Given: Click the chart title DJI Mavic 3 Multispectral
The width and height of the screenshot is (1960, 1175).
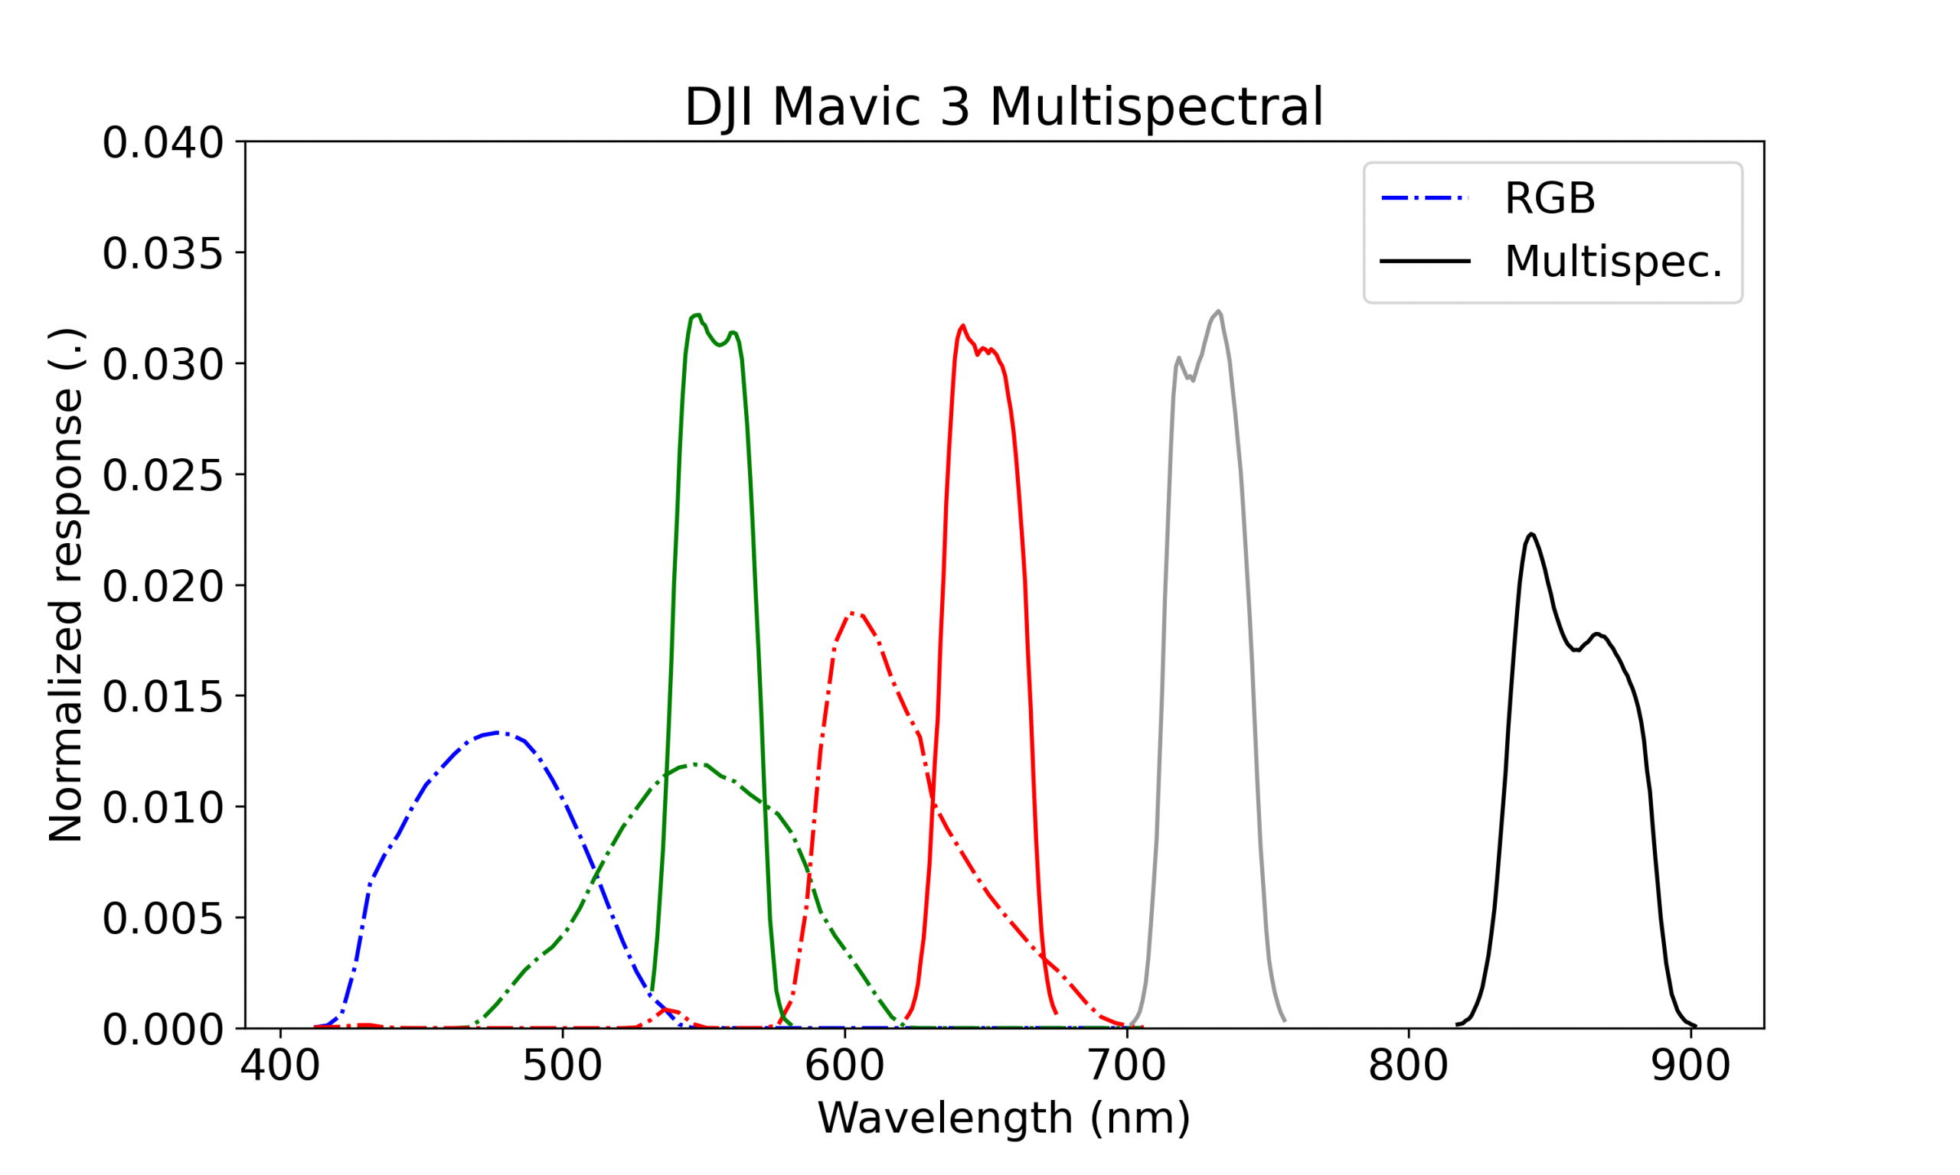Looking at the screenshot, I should tap(1004, 107).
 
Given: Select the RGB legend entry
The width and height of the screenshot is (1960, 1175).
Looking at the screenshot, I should tap(1549, 198).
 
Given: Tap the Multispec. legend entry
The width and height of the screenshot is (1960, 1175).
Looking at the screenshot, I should tap(1612, 262).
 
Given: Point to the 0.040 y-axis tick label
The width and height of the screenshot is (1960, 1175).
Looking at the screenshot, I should tap(162, 143).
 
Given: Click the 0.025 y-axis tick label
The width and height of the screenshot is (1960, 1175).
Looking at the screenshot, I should tap(162, 475).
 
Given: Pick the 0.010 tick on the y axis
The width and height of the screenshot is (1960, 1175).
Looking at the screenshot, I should tap(162, 808).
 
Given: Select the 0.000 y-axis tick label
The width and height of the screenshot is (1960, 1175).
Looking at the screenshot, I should tap(162, 1030).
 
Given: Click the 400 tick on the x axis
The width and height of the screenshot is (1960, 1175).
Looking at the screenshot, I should tap(280, 1066).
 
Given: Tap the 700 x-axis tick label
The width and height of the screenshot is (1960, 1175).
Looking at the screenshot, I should tap(1126, 1066).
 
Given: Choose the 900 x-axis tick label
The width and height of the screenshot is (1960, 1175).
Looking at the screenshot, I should tap(1690, 1066).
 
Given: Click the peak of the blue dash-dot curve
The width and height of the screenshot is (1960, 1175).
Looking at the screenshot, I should tap(498, 732).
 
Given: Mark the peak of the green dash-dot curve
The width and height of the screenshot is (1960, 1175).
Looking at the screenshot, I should tap(694, 764).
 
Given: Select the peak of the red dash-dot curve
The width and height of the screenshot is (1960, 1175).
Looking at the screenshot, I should tap(852, 613).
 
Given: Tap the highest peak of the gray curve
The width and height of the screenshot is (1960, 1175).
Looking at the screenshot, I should tap(1218, 311).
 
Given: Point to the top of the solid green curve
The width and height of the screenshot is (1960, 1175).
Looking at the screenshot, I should tap(697, 315).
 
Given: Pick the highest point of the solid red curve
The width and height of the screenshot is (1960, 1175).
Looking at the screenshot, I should tap(962, 325).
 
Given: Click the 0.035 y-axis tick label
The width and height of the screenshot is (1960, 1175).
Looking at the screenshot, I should tap(162, 254).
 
